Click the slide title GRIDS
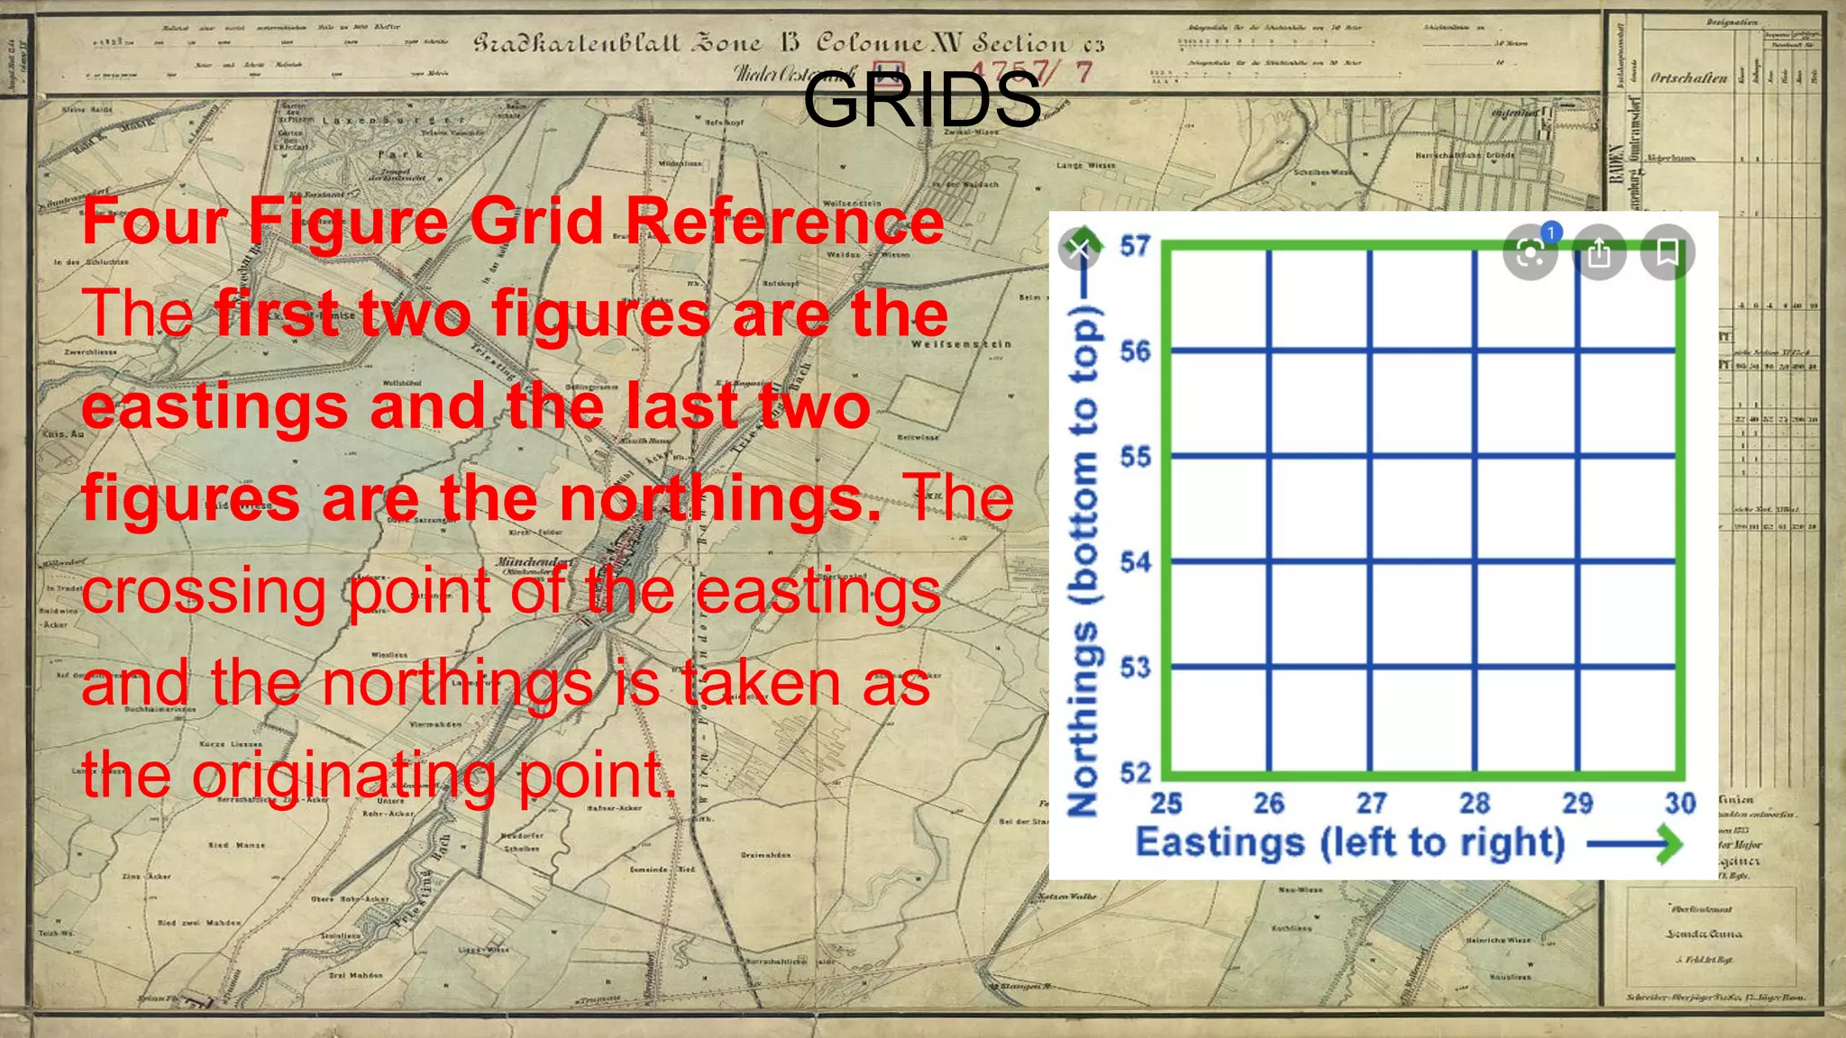921,100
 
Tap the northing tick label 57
1135,246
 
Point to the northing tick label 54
1135,562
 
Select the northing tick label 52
1135,773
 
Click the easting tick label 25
1165,803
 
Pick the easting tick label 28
1475,803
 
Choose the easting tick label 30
1680,803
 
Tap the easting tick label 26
1268,803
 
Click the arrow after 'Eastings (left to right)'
1634,845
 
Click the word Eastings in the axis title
1220,843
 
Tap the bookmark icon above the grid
1668,252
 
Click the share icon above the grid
1599,253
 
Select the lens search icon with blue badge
1531,253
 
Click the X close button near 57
1079,249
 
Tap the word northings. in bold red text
720,498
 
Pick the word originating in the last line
343,775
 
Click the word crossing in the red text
204,592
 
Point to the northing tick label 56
1135,351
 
